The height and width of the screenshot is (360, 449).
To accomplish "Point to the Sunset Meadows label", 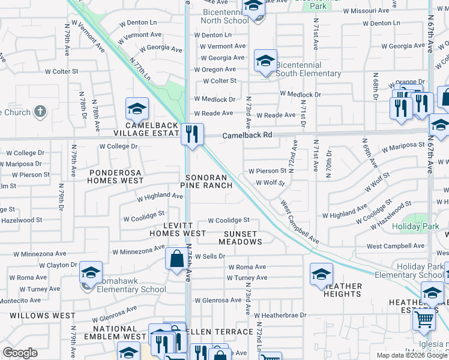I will click(240, 238).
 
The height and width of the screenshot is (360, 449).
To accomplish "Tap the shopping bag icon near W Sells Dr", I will click(176, 259).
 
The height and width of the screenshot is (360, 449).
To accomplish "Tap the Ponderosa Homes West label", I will click(116, 176).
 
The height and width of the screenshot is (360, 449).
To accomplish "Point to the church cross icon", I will click(40, 112).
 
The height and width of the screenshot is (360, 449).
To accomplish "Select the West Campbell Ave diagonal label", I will click(300, 223).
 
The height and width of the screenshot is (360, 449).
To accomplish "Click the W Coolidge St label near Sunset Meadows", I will click(229, 221).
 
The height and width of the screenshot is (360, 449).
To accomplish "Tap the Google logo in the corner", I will click(20, 352).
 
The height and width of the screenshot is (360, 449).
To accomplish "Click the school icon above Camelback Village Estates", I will click(137, 108).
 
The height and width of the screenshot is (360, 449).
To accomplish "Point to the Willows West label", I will click(43, 315).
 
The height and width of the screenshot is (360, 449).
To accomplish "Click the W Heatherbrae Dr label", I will click(280, 315).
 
